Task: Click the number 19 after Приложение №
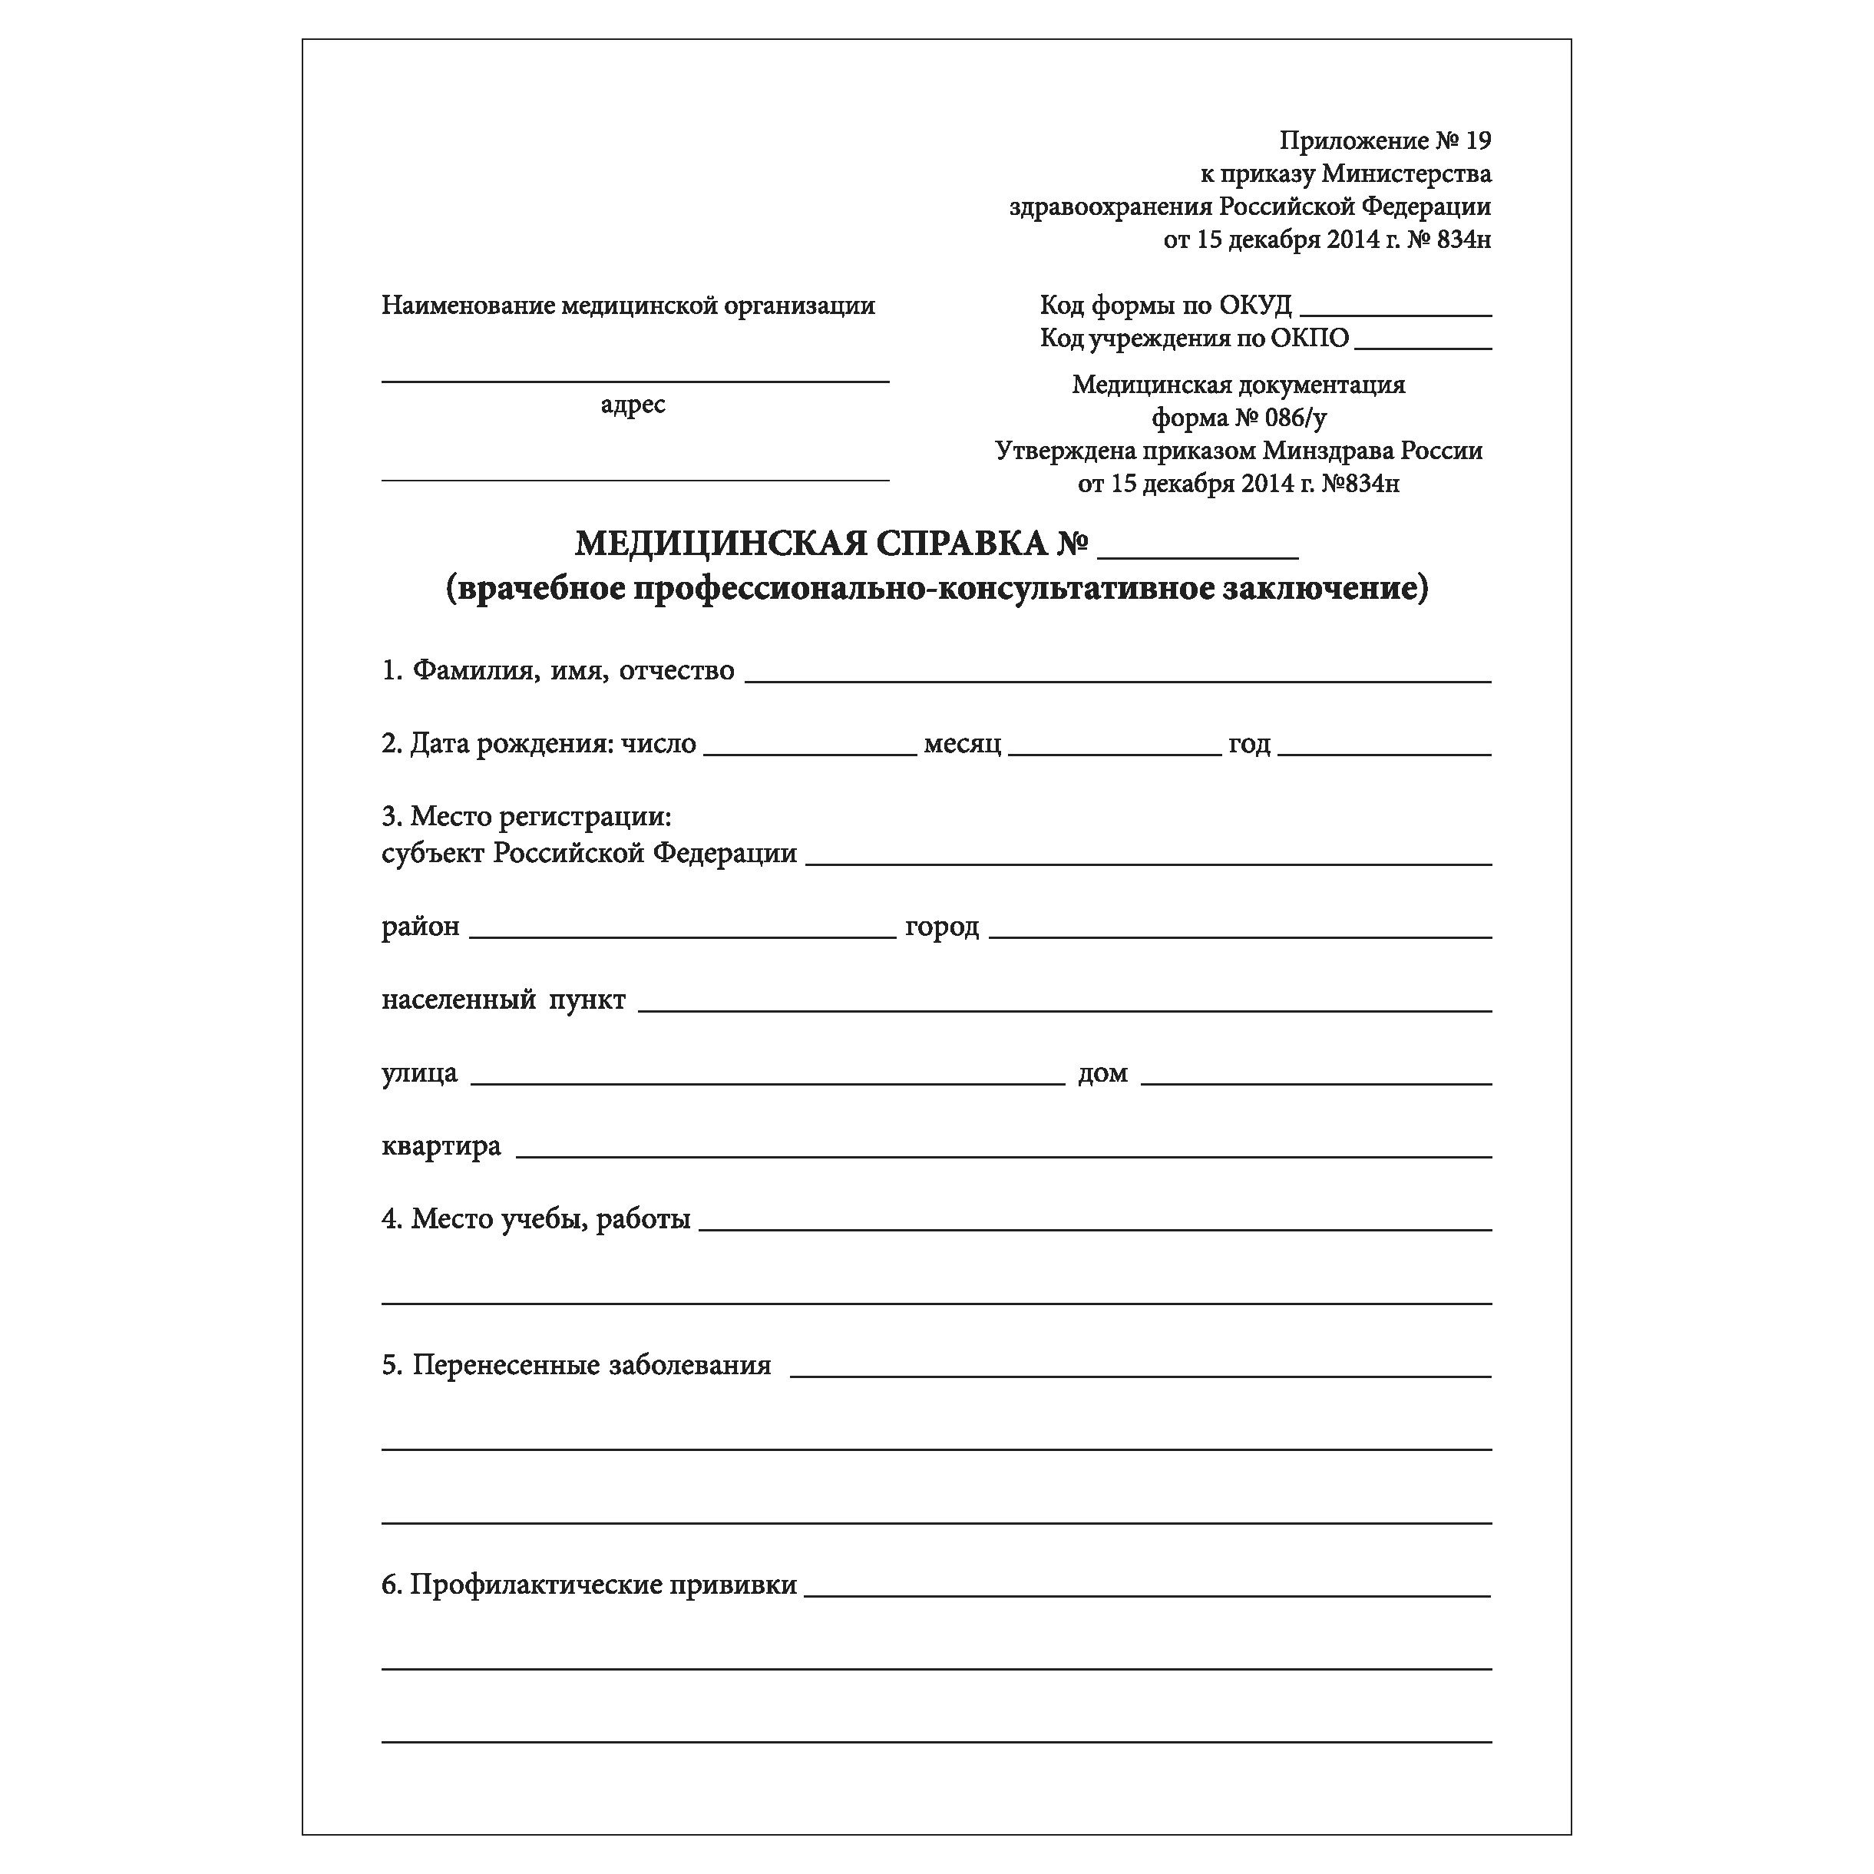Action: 1477,141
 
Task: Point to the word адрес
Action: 633,405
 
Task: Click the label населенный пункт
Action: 504,1000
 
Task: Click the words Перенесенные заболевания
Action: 592,1366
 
